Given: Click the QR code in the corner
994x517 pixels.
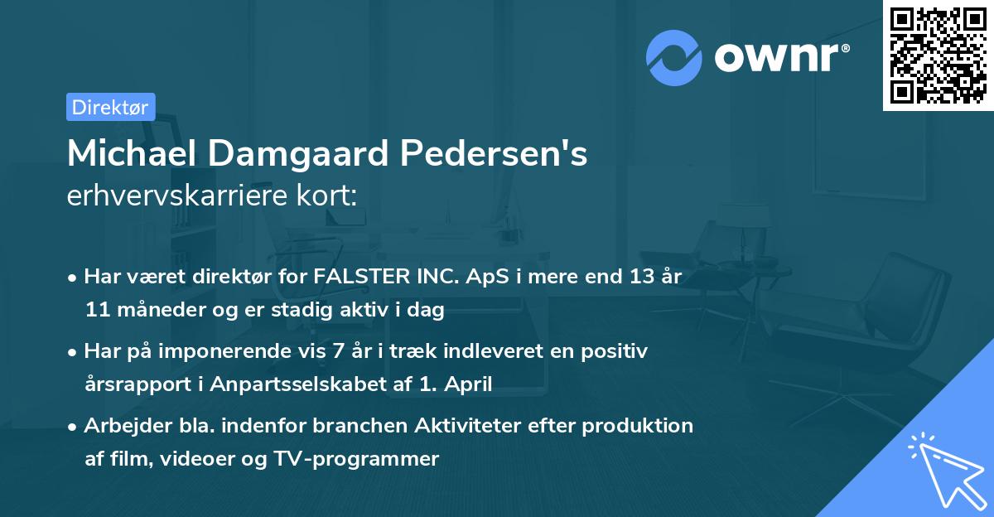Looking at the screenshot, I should click(938, 55).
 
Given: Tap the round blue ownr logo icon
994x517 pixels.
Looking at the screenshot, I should click(674, 58).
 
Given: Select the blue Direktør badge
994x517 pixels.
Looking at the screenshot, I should click(110, 107).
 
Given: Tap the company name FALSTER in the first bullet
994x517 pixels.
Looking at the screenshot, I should click(356, 277).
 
